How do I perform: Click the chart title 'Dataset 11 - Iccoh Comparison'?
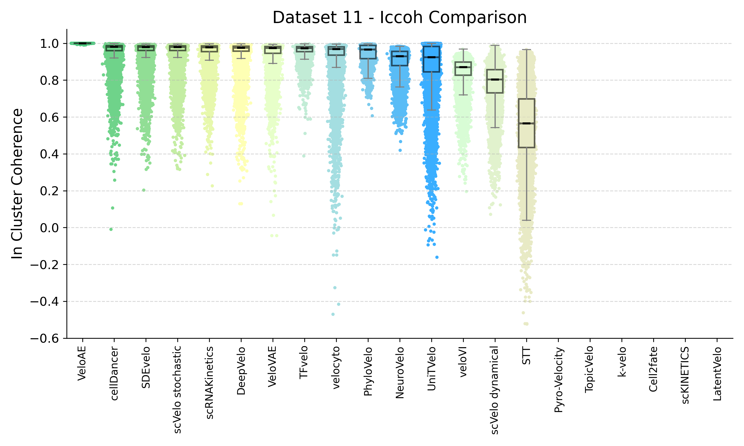pos(399,17)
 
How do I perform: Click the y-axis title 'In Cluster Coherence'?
pos(17,184)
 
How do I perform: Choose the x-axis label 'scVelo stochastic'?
pos(177,390)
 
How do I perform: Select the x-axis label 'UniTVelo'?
pos(431,368)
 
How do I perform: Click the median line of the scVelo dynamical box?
pos(495,80)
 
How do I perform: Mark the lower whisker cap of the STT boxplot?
pos(527,220)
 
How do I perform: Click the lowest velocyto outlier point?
pos(333,314)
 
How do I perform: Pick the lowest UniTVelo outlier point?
pos(437,257)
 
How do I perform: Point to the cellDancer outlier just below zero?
pos(111,229)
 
